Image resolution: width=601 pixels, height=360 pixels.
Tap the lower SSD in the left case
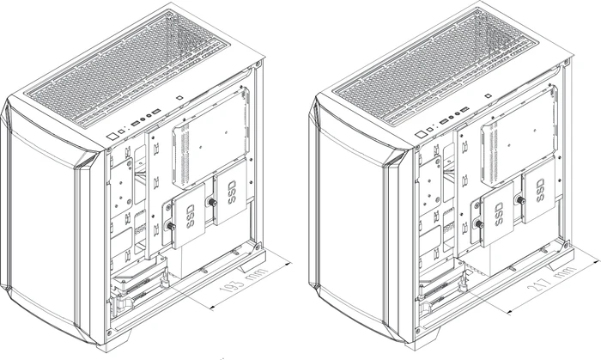[189, 217]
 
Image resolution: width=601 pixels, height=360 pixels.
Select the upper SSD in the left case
[231, 192]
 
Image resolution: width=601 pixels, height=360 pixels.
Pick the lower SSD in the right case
[498, 214]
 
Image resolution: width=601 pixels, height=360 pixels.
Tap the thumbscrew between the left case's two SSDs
[211, 202]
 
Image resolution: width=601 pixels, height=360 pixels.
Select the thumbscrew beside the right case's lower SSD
[479, 224]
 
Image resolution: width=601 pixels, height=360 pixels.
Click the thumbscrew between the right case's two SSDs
[520, 199]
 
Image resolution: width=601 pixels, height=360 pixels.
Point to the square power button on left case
[112, 136]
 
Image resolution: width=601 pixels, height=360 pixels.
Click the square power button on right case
[421, 135]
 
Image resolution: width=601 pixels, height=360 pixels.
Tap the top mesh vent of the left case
[130, 70]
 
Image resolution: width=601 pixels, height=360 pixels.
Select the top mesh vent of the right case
[437, 68]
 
